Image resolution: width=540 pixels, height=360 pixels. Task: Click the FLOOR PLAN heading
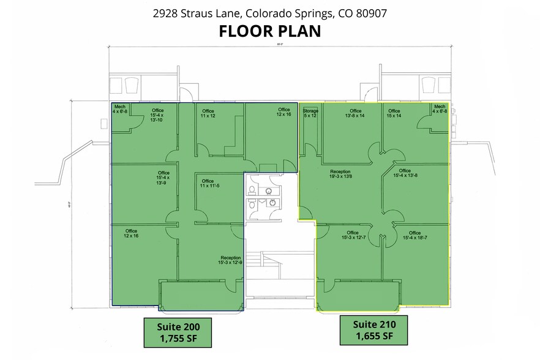click(270, 31)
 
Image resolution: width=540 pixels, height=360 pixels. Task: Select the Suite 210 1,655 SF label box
click(375, 331)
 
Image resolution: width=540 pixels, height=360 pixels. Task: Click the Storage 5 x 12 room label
click(310, 113)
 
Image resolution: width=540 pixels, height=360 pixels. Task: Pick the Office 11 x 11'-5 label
click(208, 184)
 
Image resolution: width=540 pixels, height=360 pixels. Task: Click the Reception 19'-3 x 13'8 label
click(340, 174)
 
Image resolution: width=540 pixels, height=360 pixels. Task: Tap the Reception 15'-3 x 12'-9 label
click(231, 260)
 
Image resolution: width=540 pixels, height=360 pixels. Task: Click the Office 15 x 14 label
click(394, 113)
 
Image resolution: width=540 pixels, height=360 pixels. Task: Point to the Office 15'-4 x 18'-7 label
click(414, 236)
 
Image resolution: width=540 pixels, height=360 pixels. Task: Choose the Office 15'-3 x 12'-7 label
click(352, 236)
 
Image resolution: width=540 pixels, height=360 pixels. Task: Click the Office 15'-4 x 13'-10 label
click(156, 115)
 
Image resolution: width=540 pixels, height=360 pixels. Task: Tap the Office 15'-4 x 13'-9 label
click(163, 178)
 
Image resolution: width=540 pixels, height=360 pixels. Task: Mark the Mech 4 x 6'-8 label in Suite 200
click(120, 109)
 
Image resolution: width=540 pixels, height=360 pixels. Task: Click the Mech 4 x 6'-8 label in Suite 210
click(439, 109)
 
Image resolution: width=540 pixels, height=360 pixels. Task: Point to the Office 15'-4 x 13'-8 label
click(405, 173)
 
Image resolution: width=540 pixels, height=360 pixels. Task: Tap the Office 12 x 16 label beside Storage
click(283, 112)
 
